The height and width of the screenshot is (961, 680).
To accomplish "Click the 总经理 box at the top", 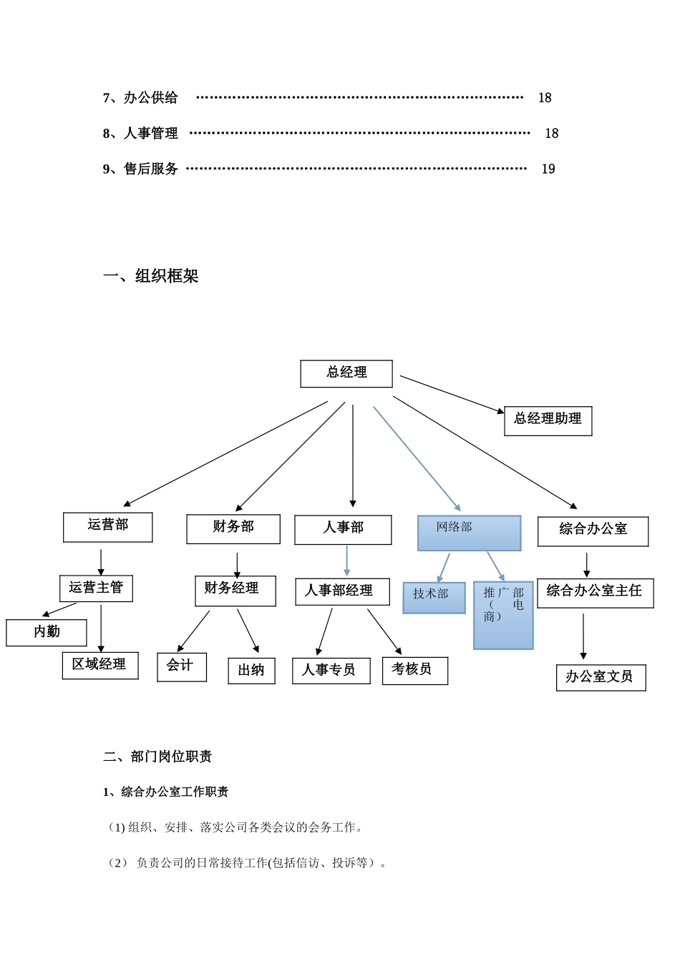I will click(346, 373).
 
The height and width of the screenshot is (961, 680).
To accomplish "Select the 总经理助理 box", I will click(548, 420).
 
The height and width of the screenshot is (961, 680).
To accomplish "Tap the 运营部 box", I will click(108, 526).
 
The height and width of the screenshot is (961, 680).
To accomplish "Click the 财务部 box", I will click(233, 528).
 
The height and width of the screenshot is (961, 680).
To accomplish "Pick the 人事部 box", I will click(343, 529).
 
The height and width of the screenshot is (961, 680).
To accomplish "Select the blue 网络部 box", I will click(469, 533).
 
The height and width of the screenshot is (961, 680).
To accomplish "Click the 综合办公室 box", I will click(593, 531).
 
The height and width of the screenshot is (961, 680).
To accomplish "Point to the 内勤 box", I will click(47, 632).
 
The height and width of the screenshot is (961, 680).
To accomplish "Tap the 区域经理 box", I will click(100, 665).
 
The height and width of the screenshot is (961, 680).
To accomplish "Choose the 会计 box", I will click(182, 666).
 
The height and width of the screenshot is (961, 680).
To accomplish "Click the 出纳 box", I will click(251, 671).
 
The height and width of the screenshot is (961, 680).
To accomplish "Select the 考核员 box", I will click(414, 670).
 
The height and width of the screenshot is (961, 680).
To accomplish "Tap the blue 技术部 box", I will click(434, 597).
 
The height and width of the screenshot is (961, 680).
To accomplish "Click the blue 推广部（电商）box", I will click(503, 614).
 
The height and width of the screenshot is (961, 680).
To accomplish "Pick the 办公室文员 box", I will click(601, 677).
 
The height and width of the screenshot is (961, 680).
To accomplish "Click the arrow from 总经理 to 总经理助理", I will click(451, 394).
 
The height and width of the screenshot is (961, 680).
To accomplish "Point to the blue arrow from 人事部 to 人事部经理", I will click(347, 561).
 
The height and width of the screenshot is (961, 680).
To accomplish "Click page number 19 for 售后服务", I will click(548, 169).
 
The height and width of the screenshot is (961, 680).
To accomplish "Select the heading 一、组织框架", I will click(151, 276).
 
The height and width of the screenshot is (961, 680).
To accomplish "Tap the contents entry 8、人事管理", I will click(141, 134).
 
